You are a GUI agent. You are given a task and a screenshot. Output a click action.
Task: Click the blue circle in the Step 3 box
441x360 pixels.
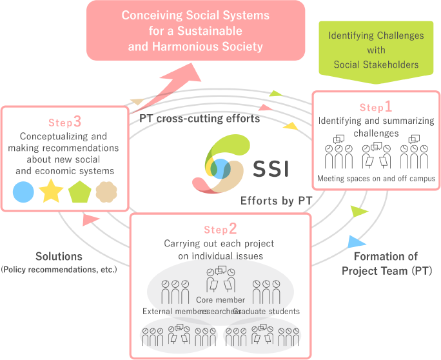23,192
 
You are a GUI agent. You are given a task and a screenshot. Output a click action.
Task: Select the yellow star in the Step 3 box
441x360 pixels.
50,192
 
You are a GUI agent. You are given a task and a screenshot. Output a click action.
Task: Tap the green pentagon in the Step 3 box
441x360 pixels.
79,192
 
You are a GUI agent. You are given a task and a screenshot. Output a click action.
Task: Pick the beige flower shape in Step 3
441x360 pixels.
106,192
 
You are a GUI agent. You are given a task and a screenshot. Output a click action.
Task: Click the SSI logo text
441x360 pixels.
270,168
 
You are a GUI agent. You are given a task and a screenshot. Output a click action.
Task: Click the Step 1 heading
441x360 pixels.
375,107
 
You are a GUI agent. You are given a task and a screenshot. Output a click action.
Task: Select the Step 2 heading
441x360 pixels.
220,229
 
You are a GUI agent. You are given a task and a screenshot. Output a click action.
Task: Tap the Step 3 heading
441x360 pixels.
64,122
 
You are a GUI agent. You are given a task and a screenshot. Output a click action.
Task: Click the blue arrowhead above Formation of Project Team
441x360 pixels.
355,242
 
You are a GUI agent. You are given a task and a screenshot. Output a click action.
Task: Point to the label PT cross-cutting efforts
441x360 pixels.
199,119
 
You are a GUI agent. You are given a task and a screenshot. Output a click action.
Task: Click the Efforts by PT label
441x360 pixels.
276,201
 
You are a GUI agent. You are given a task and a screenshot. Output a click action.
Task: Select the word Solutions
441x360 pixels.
59,257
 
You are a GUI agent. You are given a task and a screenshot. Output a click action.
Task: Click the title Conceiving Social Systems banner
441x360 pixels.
195,30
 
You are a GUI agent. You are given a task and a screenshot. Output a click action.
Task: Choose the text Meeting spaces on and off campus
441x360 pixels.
376,178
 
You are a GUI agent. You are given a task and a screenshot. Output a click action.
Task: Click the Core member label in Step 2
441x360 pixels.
220,300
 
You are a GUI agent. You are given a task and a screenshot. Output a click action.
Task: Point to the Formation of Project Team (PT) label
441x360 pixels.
386,264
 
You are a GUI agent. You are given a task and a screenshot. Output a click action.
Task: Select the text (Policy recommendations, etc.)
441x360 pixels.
59,269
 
